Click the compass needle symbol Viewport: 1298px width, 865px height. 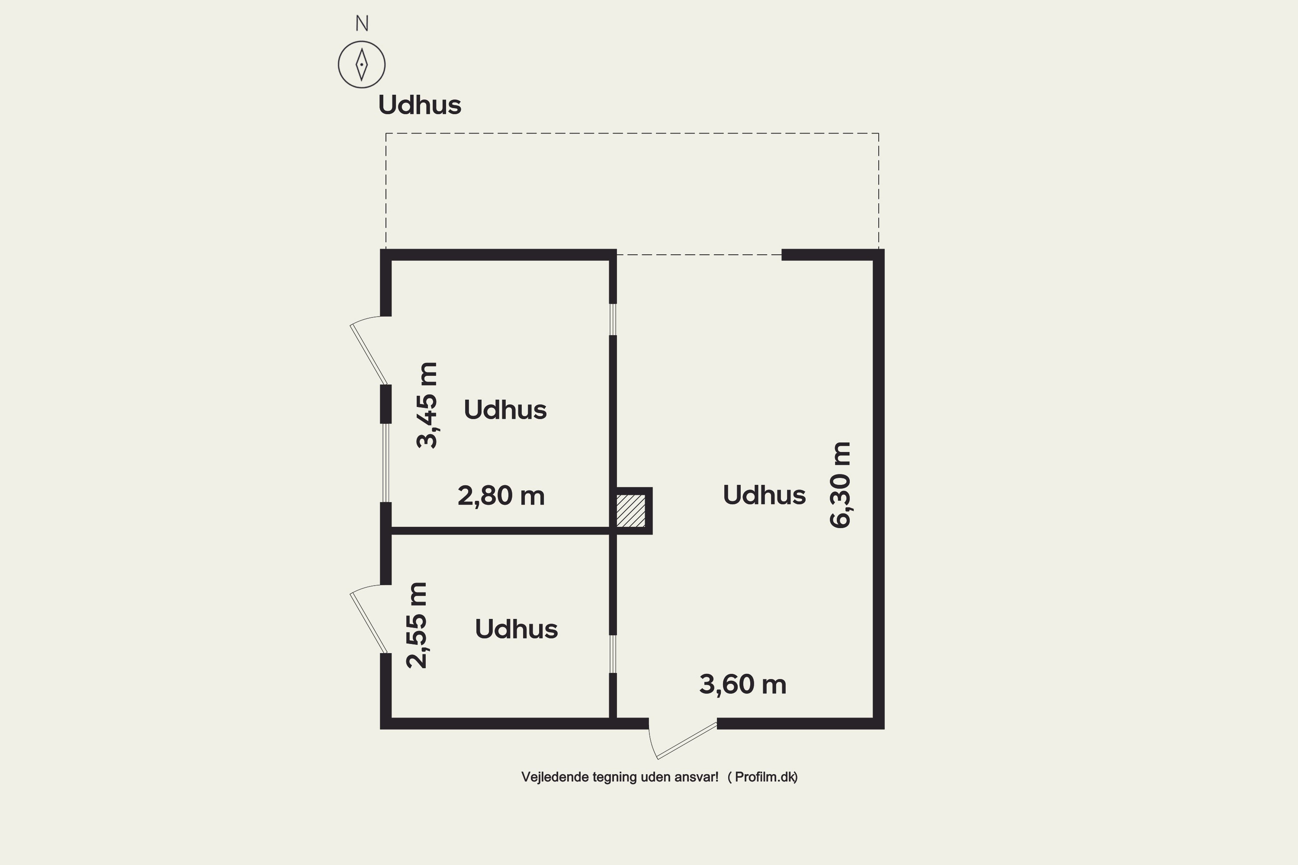click(x=361, y=64)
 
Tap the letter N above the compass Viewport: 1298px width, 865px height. click(x=361, y=24)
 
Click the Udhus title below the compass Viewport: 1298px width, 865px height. click(x=419, y=105)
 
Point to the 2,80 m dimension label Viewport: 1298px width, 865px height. click(x=501, y=495)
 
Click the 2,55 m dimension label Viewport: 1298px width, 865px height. click(x=417, y=625)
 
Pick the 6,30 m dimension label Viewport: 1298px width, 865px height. click(x=841, y=485)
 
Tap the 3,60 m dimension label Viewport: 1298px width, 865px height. click(x=743, y=685)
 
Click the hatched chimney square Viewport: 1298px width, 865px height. click(x=631, y=511)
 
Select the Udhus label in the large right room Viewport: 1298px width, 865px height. click(x=765, y=495)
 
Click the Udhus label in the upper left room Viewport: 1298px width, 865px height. click(x=505, y=410)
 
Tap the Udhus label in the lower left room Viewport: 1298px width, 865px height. click(x=517, y=629)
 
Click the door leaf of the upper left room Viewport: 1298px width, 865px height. click(x=369, y=354)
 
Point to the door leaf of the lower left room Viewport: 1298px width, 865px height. click(x=369, y=622)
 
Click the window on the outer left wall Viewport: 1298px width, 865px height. click(x=386, y=463)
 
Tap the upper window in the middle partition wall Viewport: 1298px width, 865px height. click(x=613, y=320)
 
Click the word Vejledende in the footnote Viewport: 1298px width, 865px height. click(x=555, y=777)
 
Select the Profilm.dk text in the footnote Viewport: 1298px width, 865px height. click(x=765, y=777)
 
